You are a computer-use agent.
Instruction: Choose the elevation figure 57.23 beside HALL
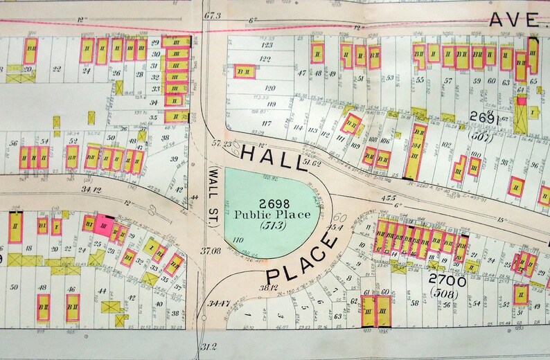click(x=222, y=143)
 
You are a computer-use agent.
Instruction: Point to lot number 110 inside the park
click(x=239, y=240)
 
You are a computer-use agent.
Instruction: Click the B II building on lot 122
click(x=243, y=70)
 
